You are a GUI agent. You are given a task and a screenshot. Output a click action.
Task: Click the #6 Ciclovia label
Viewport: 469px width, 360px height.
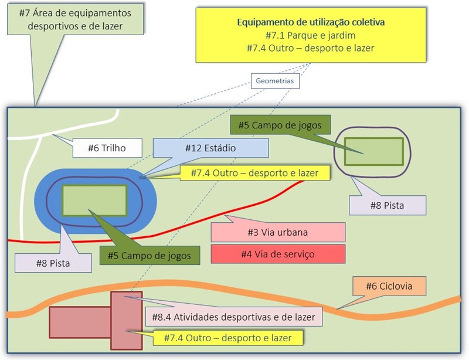click(389, 286)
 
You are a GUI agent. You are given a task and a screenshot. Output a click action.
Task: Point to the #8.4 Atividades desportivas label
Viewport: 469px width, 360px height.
click(233, 318)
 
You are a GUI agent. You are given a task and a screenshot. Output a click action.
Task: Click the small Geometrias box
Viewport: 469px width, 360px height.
click(275, 80)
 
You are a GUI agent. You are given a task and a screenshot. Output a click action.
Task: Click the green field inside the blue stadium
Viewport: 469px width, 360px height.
click(94, 199)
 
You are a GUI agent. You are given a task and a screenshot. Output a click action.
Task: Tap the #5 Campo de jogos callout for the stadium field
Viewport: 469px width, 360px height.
click(149, 255)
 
